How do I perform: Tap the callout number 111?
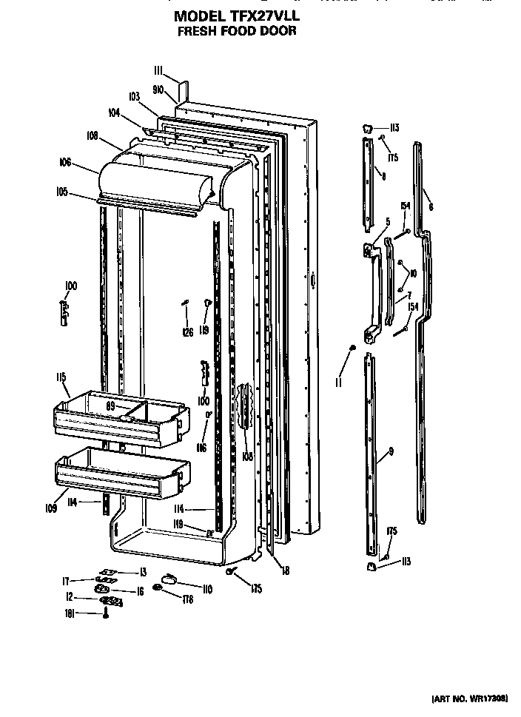(x=158, y=71)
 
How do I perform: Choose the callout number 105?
(x=61, y=192)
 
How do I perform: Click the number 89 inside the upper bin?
(x=112, y=406)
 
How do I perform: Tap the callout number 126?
(x=188, y=332)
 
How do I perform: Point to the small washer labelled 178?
(x=158, y=588)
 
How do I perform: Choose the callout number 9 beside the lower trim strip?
(x=390, y=452)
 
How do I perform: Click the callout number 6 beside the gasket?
(x=431, y=207)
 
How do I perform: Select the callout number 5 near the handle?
(x=386, y=221)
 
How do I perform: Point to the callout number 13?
(x=143, y=572)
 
